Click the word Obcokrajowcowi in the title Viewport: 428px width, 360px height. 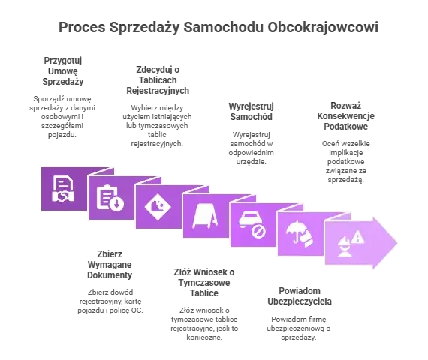tap(323, 27)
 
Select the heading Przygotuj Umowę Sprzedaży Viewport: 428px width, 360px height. tap(63, 71)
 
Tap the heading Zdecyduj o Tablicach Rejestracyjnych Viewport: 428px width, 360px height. tap(158, 80)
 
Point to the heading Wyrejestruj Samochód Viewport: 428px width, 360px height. tap(251, 112)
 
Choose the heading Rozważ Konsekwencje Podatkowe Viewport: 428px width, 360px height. tap(346, 116)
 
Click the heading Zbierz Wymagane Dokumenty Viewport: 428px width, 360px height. tap(110, 265)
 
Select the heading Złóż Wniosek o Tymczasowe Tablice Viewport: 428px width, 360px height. tap(204, 283)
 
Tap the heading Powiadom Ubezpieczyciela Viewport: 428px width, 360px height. tap(300, 296)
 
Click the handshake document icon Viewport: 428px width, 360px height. tap(63, 189)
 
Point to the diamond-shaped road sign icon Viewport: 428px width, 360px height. tap(158, 207)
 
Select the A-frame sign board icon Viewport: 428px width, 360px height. tap(205, 216)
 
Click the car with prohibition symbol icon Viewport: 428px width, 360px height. tap(252, 224)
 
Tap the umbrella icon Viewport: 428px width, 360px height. tap(300, 233)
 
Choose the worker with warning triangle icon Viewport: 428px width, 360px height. tap(351, 243)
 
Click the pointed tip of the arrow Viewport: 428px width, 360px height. tap(397, 242)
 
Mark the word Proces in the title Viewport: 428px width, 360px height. tap(82, 27)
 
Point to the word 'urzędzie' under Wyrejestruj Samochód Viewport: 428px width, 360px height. tap(251, 162)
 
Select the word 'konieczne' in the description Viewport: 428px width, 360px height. tap(204, 337)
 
